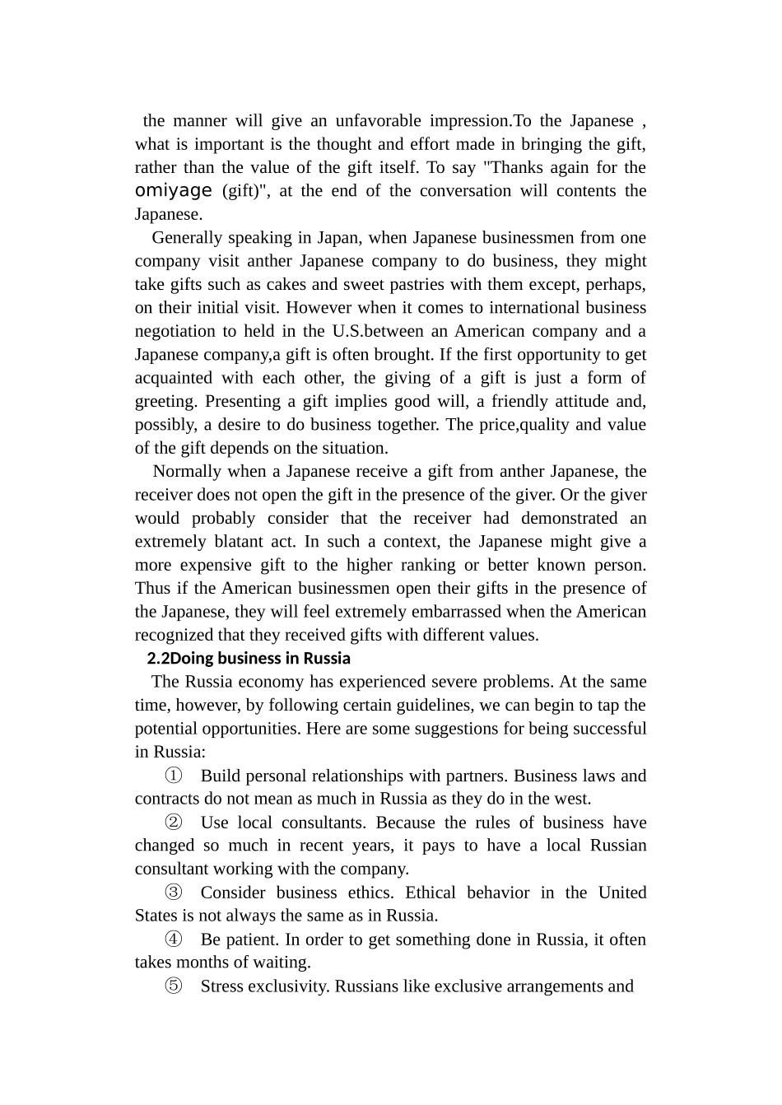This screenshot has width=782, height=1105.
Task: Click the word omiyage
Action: point(174,191)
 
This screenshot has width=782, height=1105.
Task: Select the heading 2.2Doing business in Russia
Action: point(249,659)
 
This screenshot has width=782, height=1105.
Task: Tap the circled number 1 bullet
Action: point(174,776)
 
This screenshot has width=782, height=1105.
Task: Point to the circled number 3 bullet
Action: point(174,893)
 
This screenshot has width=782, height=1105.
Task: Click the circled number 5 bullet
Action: point(174,986)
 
